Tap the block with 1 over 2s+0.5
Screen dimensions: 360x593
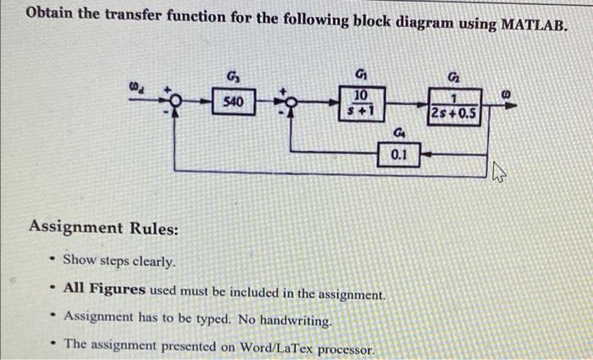click(x=453, y=108)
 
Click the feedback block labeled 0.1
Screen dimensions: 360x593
click(x=400, y=155)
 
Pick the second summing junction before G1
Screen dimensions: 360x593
click(x=291, y=102)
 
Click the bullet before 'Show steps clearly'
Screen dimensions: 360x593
click(x=52, y=259)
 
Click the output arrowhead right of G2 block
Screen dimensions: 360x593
click(x=512, y=102)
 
